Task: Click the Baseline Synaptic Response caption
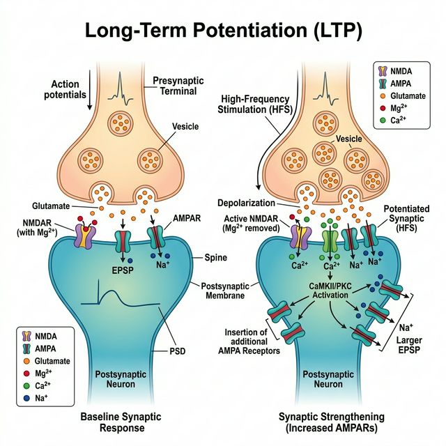click(111, 422)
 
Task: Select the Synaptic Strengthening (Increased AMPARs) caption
click(334, 422)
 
